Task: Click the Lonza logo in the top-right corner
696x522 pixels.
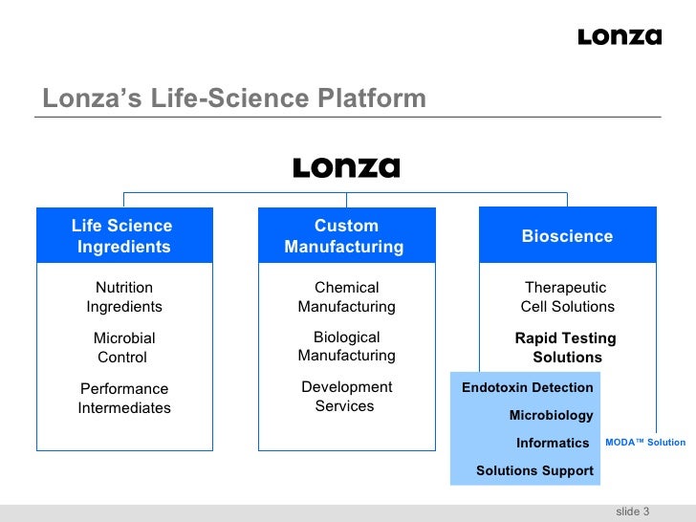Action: coord(620,37)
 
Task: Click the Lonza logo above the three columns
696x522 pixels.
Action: coord(346,168)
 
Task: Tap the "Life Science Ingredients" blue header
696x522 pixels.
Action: coord(123,236)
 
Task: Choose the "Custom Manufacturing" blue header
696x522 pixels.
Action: coord(345,236)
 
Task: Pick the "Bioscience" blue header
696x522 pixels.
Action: coord(567,236)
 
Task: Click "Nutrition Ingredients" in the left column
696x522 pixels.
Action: coord(124,296)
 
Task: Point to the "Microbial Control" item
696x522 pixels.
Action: coord(123,347)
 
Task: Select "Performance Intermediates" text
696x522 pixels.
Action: coord(124,398)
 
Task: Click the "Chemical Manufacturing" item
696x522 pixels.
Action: coord(346,296)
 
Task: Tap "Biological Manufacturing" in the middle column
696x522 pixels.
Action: coord(346,346)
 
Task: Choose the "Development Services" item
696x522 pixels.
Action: coord(346,396)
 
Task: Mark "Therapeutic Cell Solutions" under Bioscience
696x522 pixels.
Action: coord(567,296)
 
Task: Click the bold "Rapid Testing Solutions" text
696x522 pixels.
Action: coord(566,348)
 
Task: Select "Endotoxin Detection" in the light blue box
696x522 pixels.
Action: coord(528,387)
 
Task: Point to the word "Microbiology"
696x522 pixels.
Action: coord(551,415)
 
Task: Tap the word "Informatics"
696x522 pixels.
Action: coord(553,443)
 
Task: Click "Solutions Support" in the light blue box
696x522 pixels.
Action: coord(534,470)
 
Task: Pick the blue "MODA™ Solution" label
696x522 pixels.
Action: coord(645,442)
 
